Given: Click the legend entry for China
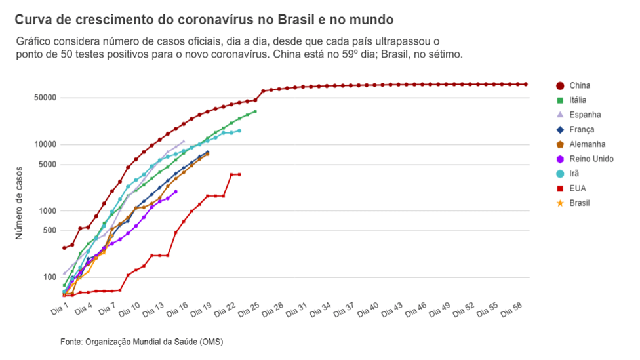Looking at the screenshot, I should tap(580, 85).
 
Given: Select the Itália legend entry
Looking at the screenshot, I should tap(578, 100).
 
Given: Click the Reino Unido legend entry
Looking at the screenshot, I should tap(591, 159).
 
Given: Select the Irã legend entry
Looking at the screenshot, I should tap(574, 174).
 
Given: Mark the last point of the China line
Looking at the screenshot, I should tap(525, 84).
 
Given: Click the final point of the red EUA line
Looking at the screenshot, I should tap(239, 174).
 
